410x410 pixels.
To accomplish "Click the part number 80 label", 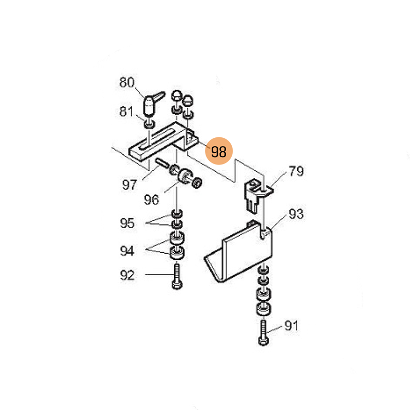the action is pos(127,83).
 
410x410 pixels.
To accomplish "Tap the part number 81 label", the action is pos(126,111).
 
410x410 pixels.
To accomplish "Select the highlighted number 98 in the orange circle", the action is pos(219,152).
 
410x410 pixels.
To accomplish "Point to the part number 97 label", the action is pos(130,184).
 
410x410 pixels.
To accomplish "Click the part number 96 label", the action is pos(151,199).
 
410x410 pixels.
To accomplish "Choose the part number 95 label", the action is pos(127,223).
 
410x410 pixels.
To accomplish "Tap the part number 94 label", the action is pos(127,251).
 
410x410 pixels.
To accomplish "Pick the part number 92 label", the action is pos(127,275).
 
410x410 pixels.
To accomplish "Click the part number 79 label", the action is pos(296,171).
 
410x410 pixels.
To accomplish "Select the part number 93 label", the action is pos(296,214).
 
